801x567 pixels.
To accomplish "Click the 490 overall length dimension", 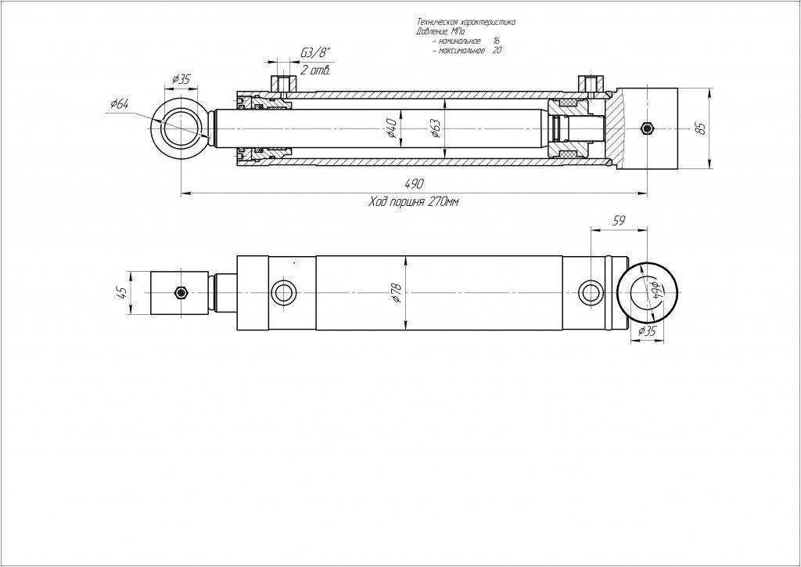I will [414, 183].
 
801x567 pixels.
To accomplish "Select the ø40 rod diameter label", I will [392, 127].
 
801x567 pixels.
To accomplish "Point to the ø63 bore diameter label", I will [436, 127].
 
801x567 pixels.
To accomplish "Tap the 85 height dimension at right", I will [701, 128].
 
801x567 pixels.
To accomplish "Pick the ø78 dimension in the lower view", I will [397, 293].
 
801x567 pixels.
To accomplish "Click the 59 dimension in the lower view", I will [617, 222].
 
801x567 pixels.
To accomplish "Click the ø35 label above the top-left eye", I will [181, 79].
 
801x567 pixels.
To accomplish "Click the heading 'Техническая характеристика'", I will [465, 23].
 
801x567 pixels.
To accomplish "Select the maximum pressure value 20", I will [497, 49].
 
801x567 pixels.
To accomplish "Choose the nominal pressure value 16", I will [496, 40].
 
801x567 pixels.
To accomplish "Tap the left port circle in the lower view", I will [283, 293].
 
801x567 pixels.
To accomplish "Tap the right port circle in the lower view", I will [590, 293].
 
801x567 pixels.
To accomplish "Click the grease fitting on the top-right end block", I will [645, 128].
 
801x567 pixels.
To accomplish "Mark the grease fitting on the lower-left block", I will [181, 293].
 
